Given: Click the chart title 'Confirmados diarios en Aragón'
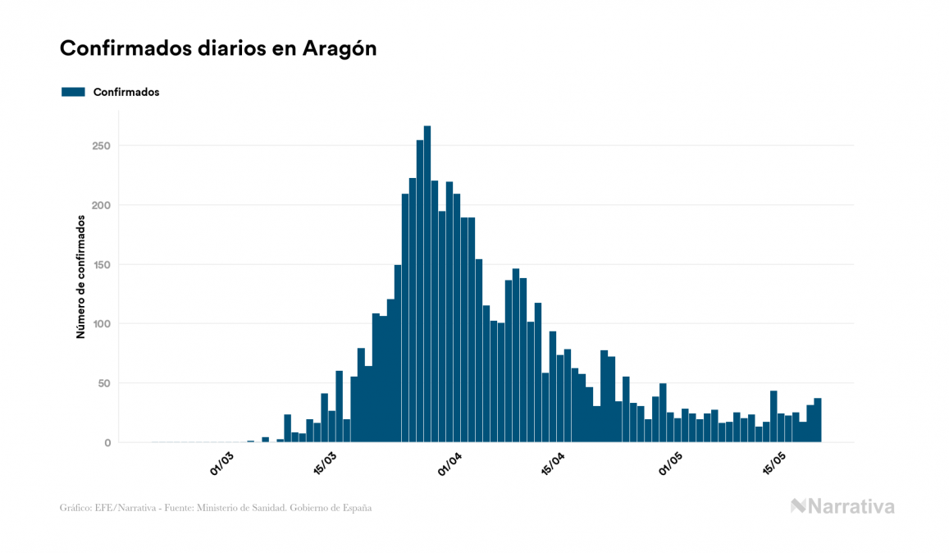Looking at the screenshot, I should (218, 48).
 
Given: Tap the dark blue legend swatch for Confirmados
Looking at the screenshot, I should (73, 92).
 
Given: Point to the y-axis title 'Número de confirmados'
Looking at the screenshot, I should (80, 276).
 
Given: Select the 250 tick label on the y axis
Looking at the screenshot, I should (101, 146).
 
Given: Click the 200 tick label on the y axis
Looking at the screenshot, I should (101, 205).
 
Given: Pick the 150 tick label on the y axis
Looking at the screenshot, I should (101, 264).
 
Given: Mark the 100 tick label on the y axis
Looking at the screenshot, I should (101, 324).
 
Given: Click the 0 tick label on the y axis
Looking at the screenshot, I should (107, 443).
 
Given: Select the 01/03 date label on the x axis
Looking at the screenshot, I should (222, 464).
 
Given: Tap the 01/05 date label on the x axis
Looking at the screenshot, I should (671, 464).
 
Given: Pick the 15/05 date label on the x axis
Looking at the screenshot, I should (774, 464).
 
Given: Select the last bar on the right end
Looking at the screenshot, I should (818, 420).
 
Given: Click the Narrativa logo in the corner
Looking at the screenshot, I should (842, 506).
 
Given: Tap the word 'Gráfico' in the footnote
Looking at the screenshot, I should (75, 508).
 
